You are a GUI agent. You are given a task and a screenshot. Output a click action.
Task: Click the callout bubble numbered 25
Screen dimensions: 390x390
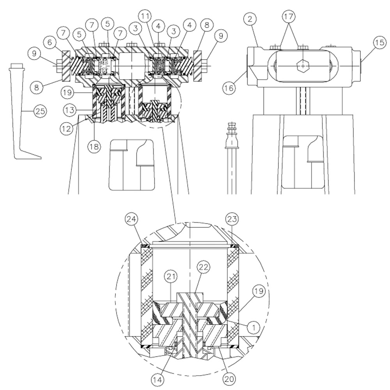coord(40,111)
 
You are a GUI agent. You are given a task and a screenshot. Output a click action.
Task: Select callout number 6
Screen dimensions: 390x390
coord(50,42)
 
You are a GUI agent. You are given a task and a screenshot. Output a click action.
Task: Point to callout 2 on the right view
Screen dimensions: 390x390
coord(250,19)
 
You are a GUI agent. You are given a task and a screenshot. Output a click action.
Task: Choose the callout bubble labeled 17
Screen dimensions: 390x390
coord(289,17)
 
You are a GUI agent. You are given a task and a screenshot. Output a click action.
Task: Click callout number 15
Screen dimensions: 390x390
coord(379,43)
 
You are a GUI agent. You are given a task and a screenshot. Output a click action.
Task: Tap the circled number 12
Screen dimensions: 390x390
coord(66,128)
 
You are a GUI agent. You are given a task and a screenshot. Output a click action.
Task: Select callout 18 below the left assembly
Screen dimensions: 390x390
coord(94,147)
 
